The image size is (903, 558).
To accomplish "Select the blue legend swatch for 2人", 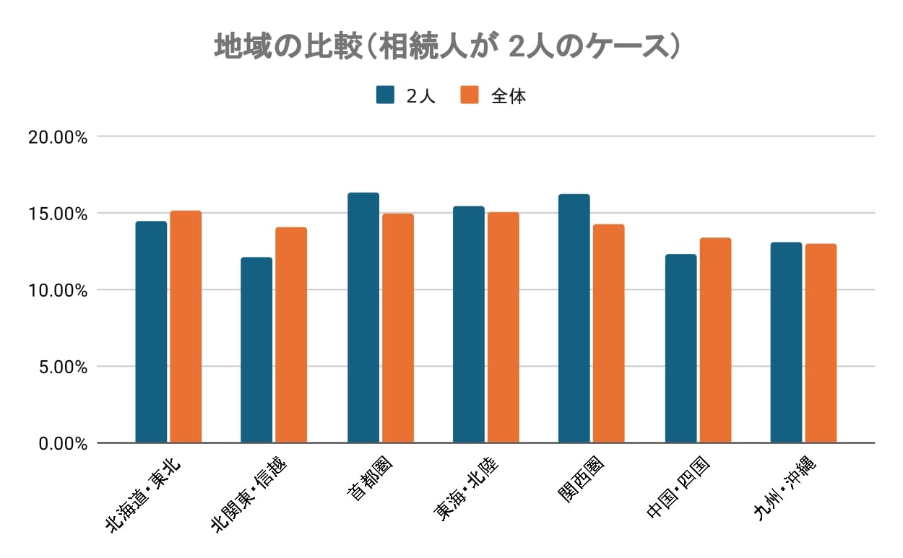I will click(385, 95).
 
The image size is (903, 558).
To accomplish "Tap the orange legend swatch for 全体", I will click(470, 95).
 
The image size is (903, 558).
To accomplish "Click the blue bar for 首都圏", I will click(363, 318).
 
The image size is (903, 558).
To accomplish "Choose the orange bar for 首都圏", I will click(398, 328).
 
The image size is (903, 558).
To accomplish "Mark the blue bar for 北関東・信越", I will click(256, 350).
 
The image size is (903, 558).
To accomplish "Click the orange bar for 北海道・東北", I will click(186, 327).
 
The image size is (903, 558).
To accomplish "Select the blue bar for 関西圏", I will click(574, 318).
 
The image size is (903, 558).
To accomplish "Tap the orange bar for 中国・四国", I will click(715, 340).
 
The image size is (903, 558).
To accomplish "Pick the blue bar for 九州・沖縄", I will click(786, 342).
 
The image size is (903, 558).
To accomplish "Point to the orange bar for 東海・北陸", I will click(504, 328).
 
